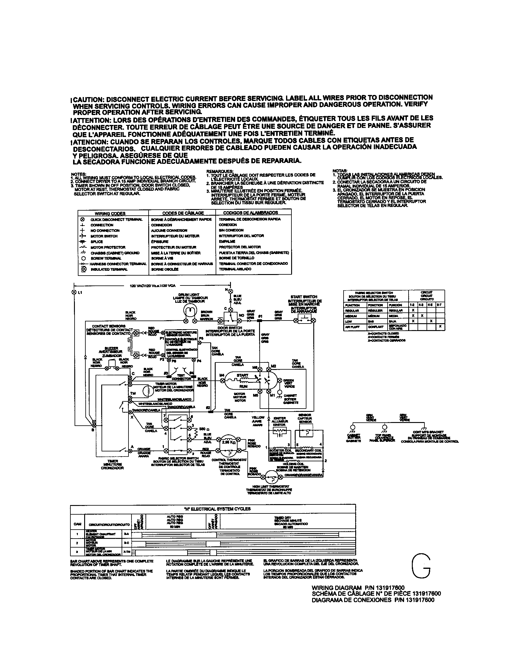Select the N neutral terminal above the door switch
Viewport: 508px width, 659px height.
230,290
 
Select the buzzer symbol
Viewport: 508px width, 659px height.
111,364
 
